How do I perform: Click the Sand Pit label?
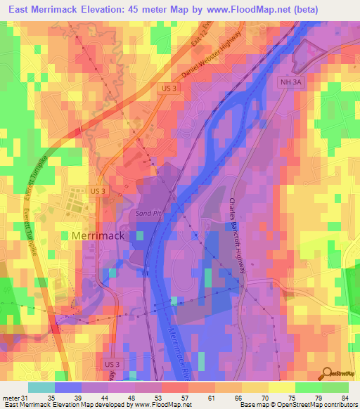(x=148, y=211)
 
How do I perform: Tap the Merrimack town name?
(x=98, y=236)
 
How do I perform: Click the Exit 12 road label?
(x=200, y=37)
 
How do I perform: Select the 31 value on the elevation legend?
(x=27, y=398)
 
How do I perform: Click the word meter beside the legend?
(x=11, y=398)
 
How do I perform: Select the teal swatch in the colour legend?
(x=41, y=387)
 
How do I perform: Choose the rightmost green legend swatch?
(x=335, y=387)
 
